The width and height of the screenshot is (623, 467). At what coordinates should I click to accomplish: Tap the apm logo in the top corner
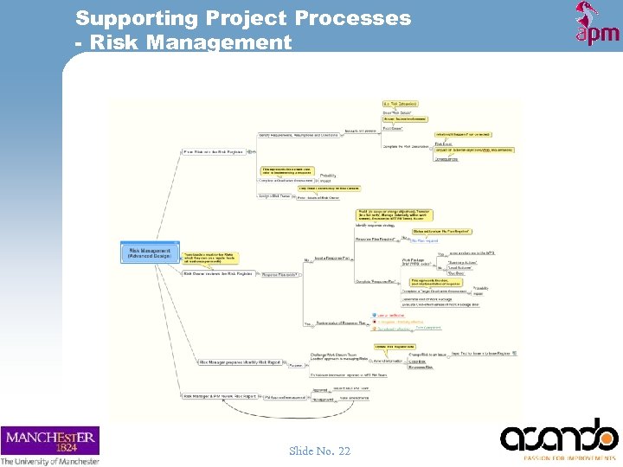[x=597, y=24]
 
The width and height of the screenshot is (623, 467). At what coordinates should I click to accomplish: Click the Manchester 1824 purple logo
[x=50, y=440]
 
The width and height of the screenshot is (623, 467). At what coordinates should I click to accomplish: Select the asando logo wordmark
[x=558, y=436]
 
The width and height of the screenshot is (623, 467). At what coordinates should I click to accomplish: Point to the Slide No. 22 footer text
[x=319, y=451]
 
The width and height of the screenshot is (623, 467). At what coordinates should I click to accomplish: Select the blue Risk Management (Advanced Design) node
[x=149, y=253]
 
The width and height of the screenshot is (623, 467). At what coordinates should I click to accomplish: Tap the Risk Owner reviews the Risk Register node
[x=217, y=273]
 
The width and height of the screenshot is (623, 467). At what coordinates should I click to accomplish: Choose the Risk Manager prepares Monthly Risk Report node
[x=239, y=362]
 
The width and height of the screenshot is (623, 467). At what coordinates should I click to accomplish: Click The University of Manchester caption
[x=50, y=461]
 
